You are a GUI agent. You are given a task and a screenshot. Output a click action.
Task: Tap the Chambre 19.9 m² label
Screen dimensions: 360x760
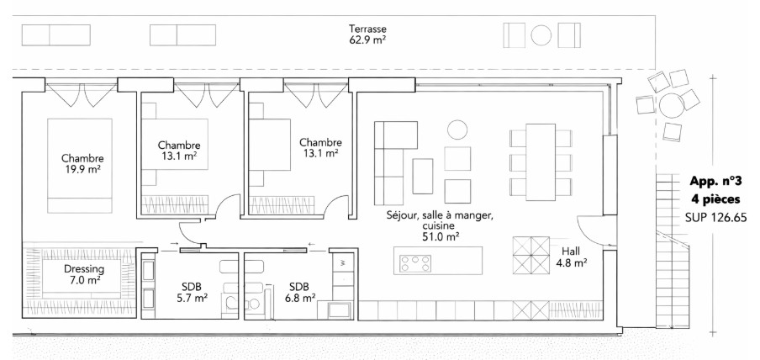click(x=82, y=163)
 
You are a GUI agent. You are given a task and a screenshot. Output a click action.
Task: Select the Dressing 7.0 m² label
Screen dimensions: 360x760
click(x=84, y=274)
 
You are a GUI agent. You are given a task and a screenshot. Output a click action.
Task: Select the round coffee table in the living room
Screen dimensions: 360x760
click(x=457, y=130)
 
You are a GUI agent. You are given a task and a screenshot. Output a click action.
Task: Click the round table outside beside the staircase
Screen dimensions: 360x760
click(x=670, y=106)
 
